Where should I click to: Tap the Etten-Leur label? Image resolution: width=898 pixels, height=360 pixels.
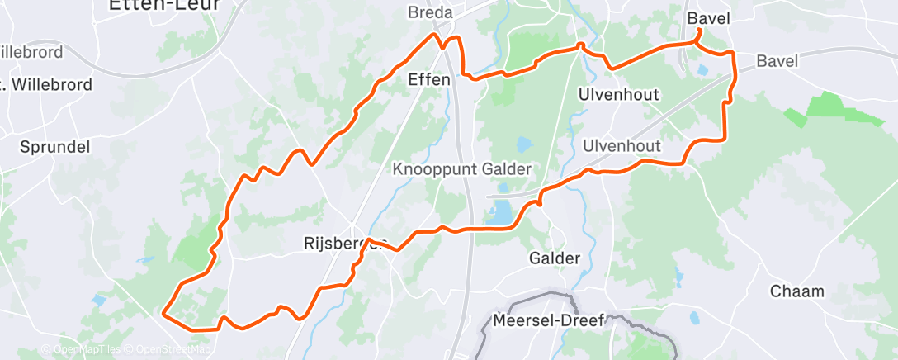[x=165, y=5]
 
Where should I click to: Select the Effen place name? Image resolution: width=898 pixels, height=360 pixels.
[x=429, y=80]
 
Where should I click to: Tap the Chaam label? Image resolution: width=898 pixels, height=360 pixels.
[x=796, y=291]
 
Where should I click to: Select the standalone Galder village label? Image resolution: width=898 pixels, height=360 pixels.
[x=553, y=258]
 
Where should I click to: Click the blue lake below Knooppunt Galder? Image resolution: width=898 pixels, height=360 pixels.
[x=500, y=215]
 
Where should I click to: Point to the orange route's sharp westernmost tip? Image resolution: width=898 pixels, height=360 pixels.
[x=163, y=314]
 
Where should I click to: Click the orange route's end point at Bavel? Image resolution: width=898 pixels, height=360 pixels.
[x=699, y=31]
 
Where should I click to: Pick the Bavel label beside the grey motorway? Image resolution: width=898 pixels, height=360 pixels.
[x=777, y=61]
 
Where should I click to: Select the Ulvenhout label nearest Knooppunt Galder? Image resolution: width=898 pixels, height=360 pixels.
[x=621, y=146]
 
